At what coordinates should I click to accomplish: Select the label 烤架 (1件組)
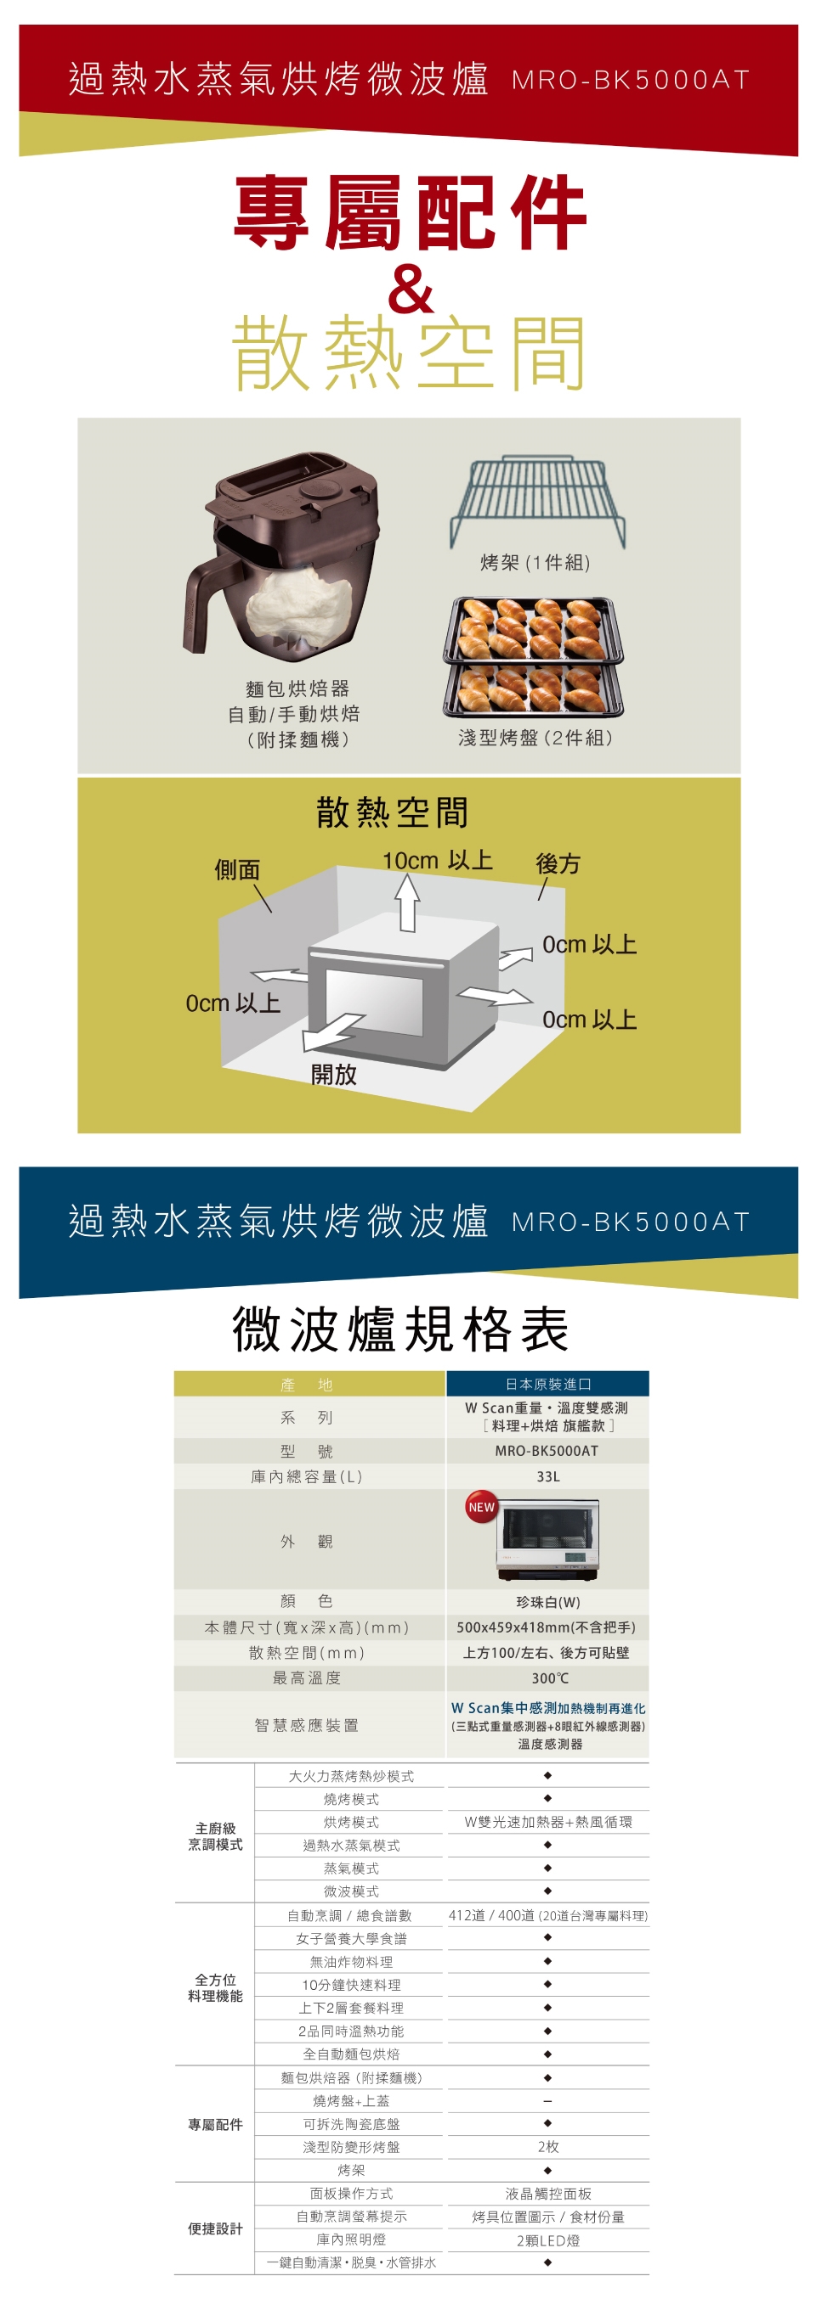(x=535, y=563)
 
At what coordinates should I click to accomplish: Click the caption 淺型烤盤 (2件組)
(x=535, y=738)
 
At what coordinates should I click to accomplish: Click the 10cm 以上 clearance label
(x=437, y=861)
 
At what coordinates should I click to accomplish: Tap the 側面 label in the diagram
(x=237, y=869)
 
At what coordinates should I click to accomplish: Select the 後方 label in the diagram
(x=558, y=863)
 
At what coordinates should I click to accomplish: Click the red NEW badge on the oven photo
(x=481, y=1507)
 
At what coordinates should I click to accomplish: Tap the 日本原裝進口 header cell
(x=548, y=1384)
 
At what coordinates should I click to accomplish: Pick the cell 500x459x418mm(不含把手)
(x=547, y=1627)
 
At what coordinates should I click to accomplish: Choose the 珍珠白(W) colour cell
(x=548, y=1602)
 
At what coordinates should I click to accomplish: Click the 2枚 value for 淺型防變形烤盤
(x=548, y=2147)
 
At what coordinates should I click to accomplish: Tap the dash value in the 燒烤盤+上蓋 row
(x=548, y=2101)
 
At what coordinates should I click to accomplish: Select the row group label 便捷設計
(x=216, y=2228)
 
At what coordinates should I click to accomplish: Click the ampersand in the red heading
(x=411, y=289)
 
